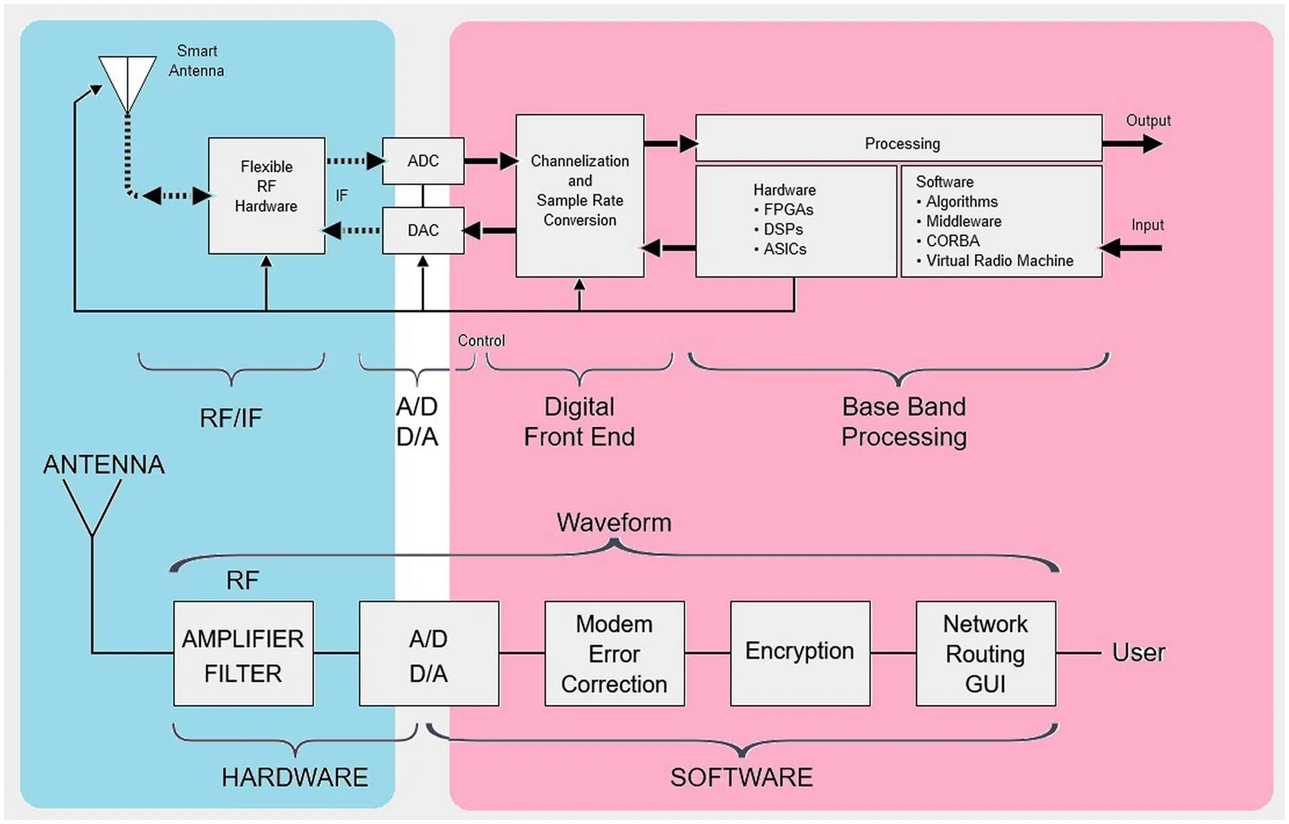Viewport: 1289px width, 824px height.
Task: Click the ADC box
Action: [x=423, y=161]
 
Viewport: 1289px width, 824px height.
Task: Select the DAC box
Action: [x=423, y=231]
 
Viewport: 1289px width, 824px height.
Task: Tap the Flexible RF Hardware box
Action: [x=266, y=196]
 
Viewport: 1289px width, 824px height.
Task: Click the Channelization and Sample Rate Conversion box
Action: [x=579, y=196]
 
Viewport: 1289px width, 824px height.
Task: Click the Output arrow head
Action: [x=1152, y=144]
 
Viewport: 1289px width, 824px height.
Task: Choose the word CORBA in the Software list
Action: [x=953, y=241]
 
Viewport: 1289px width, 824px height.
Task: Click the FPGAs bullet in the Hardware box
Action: [x=788, y=210]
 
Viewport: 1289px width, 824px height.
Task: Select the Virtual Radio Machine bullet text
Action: [x=1000, y=261]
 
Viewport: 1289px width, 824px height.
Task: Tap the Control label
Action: [x=481, y=341]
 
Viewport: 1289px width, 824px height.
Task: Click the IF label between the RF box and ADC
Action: [x=342, y=196]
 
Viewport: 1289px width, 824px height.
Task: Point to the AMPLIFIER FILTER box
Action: [x=243, y=654]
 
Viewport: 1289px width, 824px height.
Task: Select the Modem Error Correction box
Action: [x=614, y=654]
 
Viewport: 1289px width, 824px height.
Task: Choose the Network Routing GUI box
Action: [x=985, y=654]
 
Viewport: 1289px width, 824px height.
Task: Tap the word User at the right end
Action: [x=1139, y=653]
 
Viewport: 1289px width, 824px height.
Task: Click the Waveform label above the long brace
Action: [x=614, y=523]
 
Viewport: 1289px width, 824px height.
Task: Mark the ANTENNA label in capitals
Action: [x=104, y=465]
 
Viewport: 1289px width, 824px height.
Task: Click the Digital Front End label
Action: [x=579, y=422]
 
